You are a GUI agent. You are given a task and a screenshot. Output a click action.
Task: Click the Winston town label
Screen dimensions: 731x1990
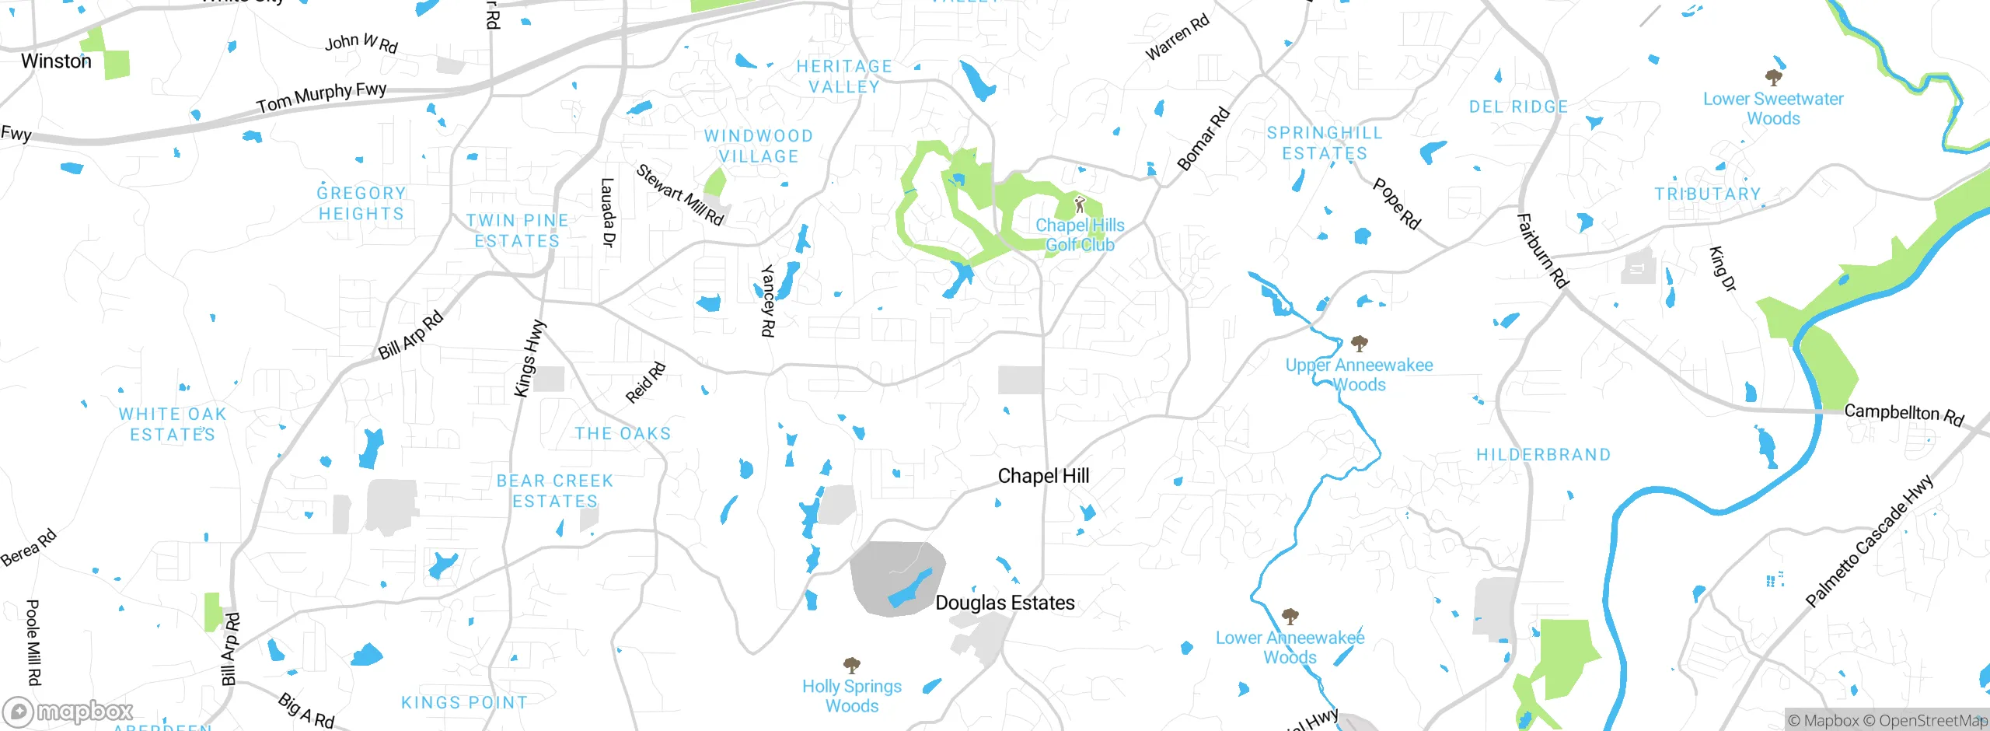tap(56, 61)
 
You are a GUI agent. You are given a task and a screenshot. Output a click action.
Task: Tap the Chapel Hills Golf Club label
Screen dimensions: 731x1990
tap(1080, 235)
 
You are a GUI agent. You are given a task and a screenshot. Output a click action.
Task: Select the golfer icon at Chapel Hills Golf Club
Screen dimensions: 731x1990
tap(1079, 205)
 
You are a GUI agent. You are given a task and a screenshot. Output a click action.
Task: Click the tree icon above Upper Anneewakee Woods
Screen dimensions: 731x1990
tap(1359, 343)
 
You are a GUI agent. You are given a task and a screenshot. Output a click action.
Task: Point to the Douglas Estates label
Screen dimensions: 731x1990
tap(1004, 603)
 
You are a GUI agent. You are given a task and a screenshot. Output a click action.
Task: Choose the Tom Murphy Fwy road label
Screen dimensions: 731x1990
tap(321, 96)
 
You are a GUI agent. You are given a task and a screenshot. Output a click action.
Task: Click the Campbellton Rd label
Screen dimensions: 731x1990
tap(1903, 413)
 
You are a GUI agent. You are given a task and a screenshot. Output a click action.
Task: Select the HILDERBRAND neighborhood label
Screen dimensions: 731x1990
tap(1543, 455)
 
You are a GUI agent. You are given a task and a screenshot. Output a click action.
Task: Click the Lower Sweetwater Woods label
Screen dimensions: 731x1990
tap(1773, 109)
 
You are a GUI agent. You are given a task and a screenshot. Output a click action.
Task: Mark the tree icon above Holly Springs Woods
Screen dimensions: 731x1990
tap(852, 666)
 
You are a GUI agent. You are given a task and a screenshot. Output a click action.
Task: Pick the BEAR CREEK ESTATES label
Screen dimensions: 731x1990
tap(555, 491)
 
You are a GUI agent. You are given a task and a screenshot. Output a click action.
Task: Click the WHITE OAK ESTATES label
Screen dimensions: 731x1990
tap(173, 424)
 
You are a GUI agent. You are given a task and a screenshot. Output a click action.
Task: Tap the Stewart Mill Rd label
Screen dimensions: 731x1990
tap(679, 194)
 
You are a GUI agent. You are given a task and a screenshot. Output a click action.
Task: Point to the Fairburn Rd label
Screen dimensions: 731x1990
tap(1542, 250)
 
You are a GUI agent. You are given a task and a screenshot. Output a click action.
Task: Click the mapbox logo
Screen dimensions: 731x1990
tap(68, 711)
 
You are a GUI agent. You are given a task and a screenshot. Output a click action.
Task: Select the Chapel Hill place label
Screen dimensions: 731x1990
tap(1042, 476)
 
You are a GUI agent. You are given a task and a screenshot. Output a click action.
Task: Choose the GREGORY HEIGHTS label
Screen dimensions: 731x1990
tap(361, 203)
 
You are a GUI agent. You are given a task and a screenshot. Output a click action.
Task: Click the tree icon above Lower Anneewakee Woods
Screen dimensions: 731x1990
tap(1290, 617)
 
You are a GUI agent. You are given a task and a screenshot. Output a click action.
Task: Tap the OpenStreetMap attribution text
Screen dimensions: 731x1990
tap(1932, 720)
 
